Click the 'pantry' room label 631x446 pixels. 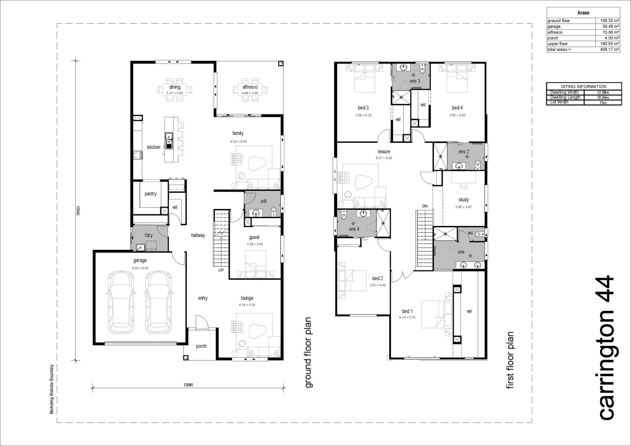150,194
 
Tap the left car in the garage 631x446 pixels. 121,301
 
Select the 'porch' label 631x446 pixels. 201,346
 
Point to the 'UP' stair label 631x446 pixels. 221,270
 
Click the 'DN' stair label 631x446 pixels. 425,206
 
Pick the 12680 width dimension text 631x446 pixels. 188,385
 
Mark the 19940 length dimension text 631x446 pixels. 77,211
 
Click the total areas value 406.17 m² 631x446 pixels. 610,50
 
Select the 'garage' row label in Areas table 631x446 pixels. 554,26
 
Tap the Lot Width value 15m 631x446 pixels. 603,102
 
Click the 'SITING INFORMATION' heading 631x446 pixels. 583,87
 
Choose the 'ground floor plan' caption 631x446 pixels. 309,353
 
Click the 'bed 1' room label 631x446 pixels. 407,311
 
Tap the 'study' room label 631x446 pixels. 464,199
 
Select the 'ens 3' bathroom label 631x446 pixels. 415,81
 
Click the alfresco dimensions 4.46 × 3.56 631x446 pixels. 250,93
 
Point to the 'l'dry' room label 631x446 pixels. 148,235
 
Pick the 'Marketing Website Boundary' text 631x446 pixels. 52,389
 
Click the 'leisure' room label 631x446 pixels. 383,152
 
